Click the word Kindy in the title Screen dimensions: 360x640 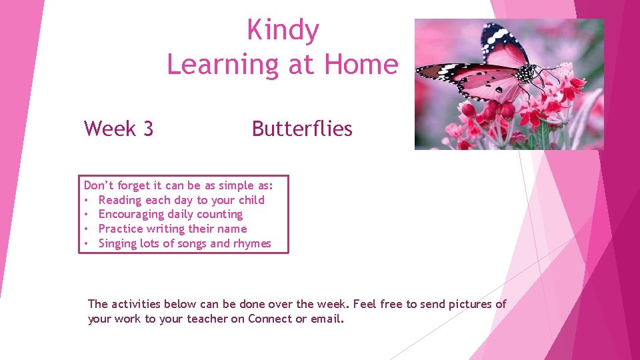pyautogui.click(x=283, y=30)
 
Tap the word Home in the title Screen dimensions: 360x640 pyautogui.click(x=361, y=64)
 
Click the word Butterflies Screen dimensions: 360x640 pyautogui.click(x=302, y=128)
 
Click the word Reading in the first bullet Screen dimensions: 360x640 pyautogui.click(x=120, y=200)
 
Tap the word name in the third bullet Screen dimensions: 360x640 pyautogui.click(x=231, y=229)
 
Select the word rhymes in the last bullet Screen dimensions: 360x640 pyautogui.click(x=252, y=243)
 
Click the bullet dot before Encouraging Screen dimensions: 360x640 pyautogui.click(x=87, y=215)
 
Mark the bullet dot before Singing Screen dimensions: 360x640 pyautogui.click(x=87, y=243)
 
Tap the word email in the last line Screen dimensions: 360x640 pyautogui.click(x=326, y=319)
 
